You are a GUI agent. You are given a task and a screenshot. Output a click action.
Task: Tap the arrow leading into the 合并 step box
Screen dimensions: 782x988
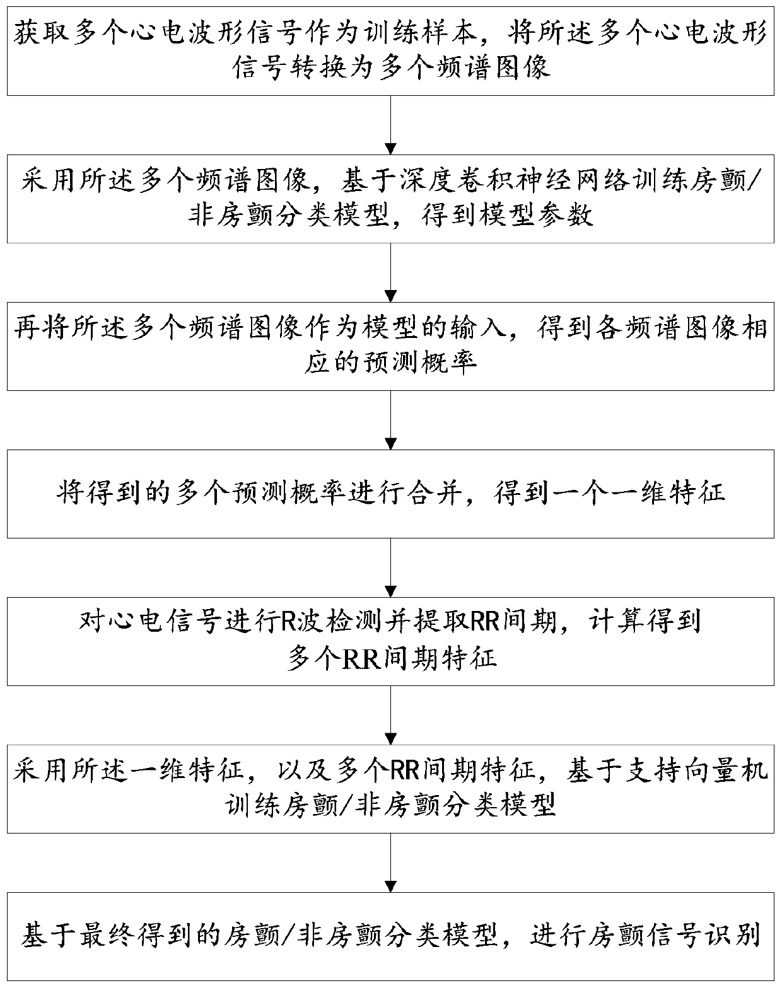click(391, 420)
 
